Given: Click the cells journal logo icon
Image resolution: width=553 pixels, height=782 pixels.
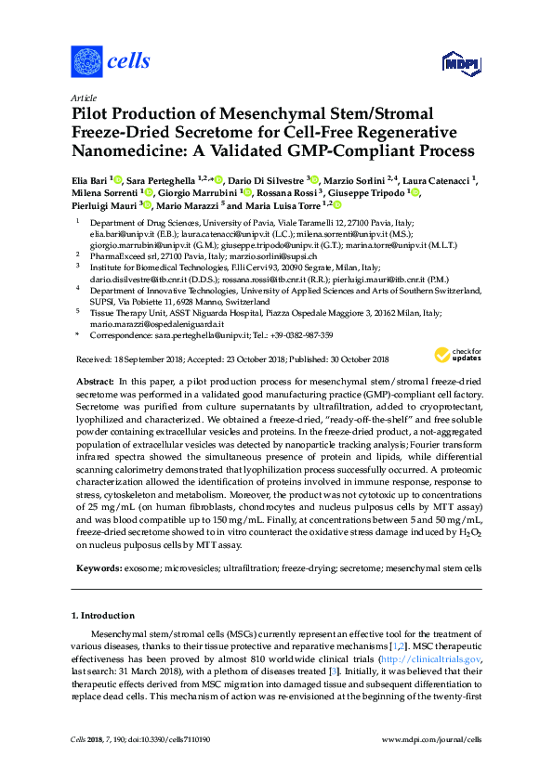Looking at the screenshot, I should point(86,62).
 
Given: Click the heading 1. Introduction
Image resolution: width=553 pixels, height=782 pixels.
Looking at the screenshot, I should point(102,616).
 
